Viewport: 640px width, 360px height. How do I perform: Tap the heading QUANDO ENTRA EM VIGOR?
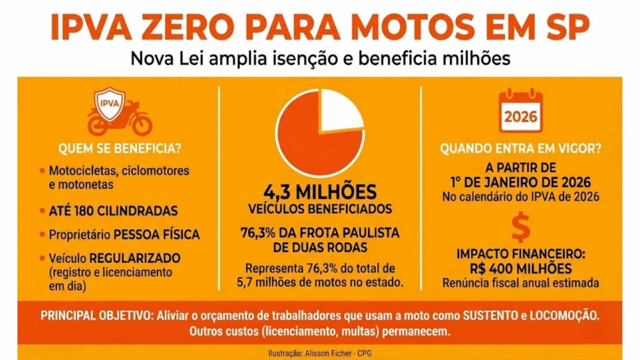tap(521, 148)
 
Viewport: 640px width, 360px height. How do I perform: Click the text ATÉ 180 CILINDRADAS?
tap(113, 211)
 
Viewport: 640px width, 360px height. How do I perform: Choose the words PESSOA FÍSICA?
tap(157, 235)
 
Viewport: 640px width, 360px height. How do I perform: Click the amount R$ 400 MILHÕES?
tap(521, 269)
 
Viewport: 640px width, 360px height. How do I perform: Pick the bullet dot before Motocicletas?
tap(42, 171)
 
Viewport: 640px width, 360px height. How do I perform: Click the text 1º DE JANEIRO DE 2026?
tap(521, 181)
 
